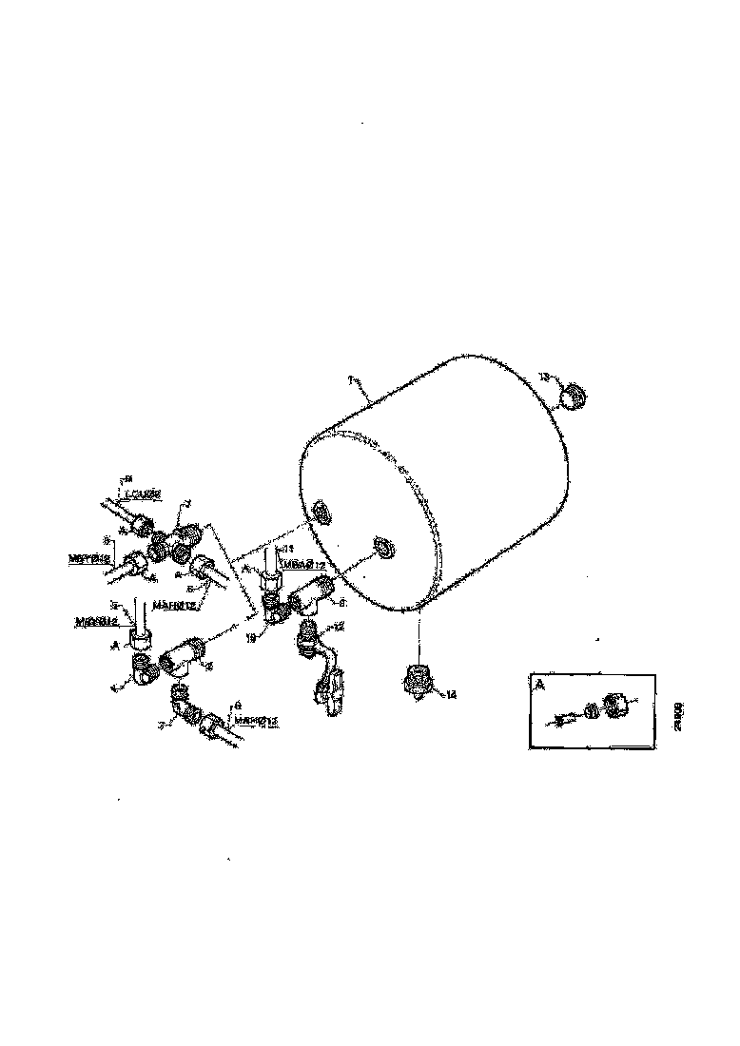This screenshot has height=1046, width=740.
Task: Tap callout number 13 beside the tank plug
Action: [543, 378]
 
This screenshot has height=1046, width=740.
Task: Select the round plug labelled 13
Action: [573, 395]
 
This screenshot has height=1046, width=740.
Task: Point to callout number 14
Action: [451, 695]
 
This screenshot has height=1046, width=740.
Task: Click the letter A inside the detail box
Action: [540, 684]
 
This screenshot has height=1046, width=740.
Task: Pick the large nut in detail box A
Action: [616, 705]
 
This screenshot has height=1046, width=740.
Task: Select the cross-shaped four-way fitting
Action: [177, 545]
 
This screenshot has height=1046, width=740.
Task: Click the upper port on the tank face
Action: [321, 514]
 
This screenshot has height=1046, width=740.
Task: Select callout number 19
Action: [252, 639]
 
